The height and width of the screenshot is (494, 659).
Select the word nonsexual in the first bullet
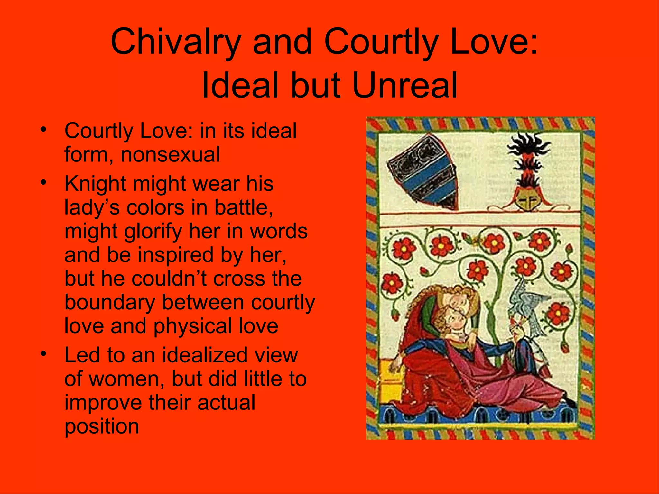170,154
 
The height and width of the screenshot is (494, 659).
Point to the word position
102,426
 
